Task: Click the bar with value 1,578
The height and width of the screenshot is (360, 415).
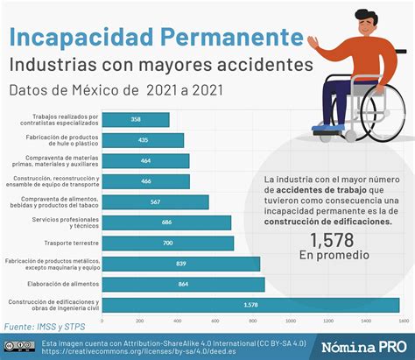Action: (x=250, y=305)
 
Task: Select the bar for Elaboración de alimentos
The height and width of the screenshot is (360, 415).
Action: (x=183, y=284)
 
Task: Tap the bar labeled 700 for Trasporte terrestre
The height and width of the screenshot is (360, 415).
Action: (x=167, y=243)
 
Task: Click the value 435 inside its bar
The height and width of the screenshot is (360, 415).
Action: (x=142, y=140)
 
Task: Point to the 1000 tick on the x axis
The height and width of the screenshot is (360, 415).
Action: (x=289, y=321)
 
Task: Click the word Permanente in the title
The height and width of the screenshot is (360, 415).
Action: (x=229, y=37)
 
